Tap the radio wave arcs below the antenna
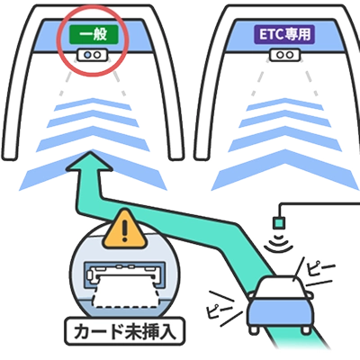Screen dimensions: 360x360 click(281, 242)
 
